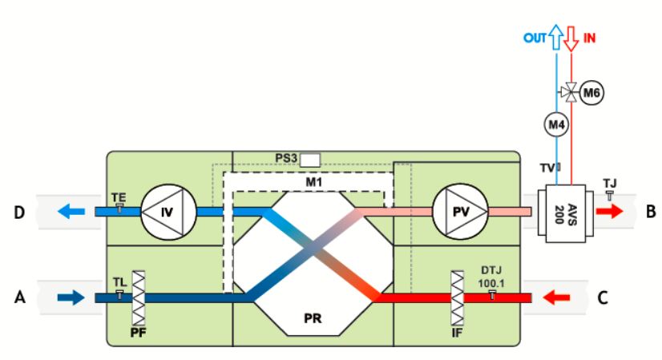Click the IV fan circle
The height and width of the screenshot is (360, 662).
point(166,212)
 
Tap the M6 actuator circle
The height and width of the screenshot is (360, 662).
point(591,93)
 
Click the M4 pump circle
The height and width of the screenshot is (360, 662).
point(557,125)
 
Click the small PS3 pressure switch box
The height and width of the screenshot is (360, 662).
point(310,158)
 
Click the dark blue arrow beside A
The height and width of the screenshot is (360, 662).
point(70,297)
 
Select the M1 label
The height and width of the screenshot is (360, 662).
point(313,182)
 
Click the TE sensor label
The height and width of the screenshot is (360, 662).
point(119,196)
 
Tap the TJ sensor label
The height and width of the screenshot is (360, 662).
point(609,183)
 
